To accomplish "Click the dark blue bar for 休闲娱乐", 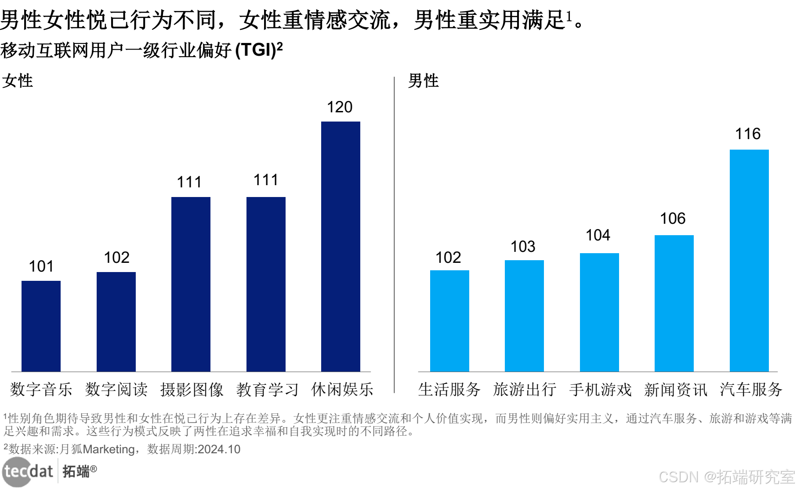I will click(x=341, y=247).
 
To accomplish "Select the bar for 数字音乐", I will click(x=41, y=326).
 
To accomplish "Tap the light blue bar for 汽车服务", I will click(x=749, y=261).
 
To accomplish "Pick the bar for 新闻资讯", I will click(x=674, y=303).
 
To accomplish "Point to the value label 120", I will click(x=340, y=107).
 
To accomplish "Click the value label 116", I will click(x=748, y=134).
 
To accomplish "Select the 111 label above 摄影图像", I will click(x=189, y=182).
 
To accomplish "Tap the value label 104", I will click(x=598, y=235).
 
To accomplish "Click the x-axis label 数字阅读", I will click(x=116, y=390).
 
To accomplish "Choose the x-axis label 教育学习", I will click(x=267, y=390).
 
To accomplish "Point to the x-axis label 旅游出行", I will click(x=525, y=390).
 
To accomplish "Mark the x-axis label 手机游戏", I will click(x=600, y=390).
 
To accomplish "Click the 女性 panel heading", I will click(x=18, y=81).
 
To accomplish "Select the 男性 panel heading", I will click(x=423, y=81).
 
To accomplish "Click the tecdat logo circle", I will click(x=17, y=472).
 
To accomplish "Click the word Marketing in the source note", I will click(x=109, y=449).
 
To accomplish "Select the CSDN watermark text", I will click(x=679, y=477).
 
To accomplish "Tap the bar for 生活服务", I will click(x=449, y=321).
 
